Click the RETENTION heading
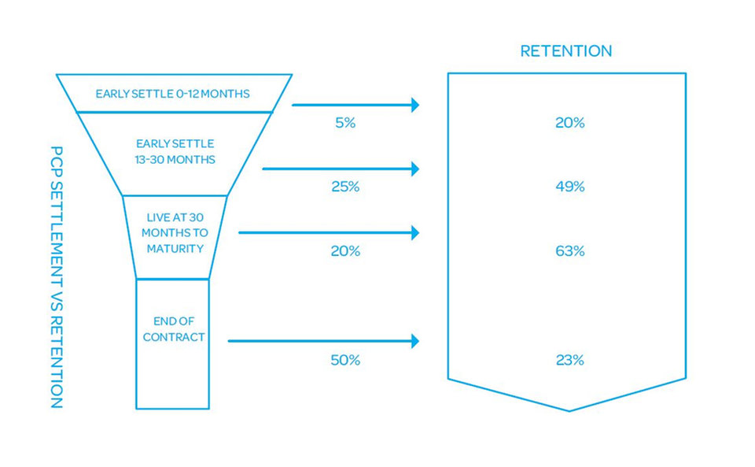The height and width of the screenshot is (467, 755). (x=565, y=51)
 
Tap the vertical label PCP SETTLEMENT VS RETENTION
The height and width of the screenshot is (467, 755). (x=57, y=277)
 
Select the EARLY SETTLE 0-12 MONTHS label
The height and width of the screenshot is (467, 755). (x=172, y=94)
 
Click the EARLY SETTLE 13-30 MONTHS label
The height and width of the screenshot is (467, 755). (x=175, y=151)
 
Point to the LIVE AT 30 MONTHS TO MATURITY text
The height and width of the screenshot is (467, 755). (x=175, y=233)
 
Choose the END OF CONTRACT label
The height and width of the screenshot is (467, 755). (x=173, y=329)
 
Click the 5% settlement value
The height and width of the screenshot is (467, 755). (x=345, y=123)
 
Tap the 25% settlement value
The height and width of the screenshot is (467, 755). (x=345, y=187)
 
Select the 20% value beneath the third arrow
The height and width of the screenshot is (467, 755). (x=345, y=251)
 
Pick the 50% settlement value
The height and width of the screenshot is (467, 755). (x=345, y=360)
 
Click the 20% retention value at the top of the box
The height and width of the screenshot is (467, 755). (x=570, y=123)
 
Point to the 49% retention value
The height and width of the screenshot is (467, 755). (x=570, y=187)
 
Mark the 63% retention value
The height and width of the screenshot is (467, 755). (x=570, y=251)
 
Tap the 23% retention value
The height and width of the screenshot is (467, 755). (x=570, y=360)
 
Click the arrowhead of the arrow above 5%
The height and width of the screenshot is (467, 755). (x=415, y=105)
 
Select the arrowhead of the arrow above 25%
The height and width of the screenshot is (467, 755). (x=415, y=169)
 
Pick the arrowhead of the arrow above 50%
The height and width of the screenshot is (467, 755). (x=415, y=341)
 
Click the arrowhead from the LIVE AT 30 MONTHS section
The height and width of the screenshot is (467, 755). (x=415, y=233)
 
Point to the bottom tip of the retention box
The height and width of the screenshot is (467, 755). (x=569, y=411)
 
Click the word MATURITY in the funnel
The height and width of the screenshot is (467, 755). (x=175, y=249)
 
